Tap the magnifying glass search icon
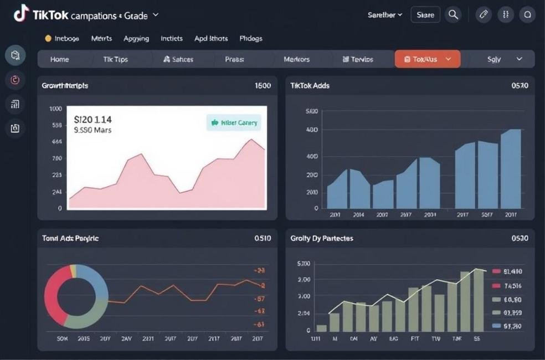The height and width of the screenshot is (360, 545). (x=453, y=15)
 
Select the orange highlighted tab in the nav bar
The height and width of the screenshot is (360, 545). (x=427, y=59)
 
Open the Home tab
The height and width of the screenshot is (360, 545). (x=60, y=59)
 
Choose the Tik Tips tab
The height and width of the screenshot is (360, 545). (x=115, y=59)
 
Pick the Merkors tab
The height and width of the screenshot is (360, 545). (x=296, y=59)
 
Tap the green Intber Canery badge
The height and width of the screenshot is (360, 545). (x=234, y=123)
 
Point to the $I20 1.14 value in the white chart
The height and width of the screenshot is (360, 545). (x=93, y=119)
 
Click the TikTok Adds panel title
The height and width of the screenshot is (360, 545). (x=310, y=86)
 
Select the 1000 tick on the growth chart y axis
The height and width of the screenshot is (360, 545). (x=56, y=109)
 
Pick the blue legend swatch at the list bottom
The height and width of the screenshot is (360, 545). (x=496, y=326)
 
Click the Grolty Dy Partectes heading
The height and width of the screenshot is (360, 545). (x=321, y=238)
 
